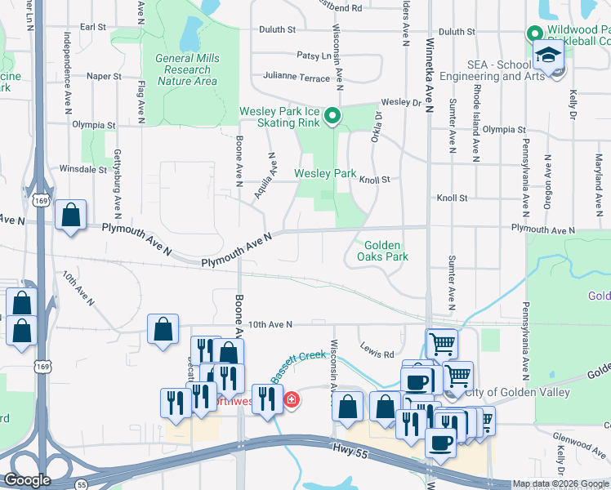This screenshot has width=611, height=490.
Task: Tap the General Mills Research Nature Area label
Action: click(x=188, y=69)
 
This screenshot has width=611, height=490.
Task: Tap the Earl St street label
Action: click(x=93, y=27)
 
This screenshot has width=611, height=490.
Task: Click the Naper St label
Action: click(x=104, y=76)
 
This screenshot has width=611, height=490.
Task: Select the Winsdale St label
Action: click(x=83, y=170)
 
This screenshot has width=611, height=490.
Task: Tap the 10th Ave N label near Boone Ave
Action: click(x=270, y=325)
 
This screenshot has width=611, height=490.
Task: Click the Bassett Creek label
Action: click(x=300, y=359)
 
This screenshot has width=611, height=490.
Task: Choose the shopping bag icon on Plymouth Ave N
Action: click(x=71, y=216)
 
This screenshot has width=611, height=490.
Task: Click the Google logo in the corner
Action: click(x=27, y=480)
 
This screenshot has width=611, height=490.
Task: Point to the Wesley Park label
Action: click(x=325, y=174)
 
